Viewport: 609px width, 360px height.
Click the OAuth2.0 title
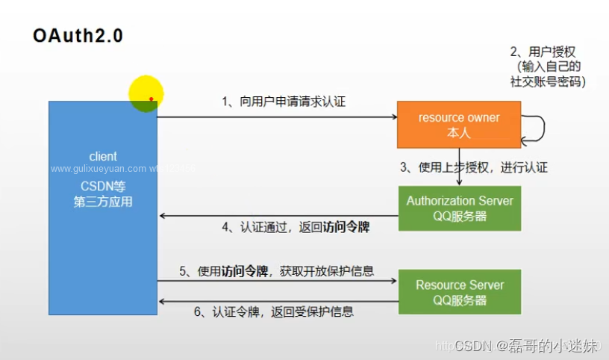point(78,36)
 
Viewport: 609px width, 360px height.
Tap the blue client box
point(103,224)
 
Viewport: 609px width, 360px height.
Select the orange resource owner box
point(458,125)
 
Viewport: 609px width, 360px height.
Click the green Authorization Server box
point(459,208)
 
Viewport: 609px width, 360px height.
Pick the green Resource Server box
point(459,292)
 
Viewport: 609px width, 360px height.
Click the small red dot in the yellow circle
point(151,99)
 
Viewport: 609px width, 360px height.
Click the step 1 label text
point(284,102)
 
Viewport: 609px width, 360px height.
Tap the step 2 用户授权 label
point(543,52)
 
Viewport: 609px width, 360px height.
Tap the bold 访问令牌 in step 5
point(246,271)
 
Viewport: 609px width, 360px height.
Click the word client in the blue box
point(103,156)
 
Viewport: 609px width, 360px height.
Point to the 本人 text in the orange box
point(458,132)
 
